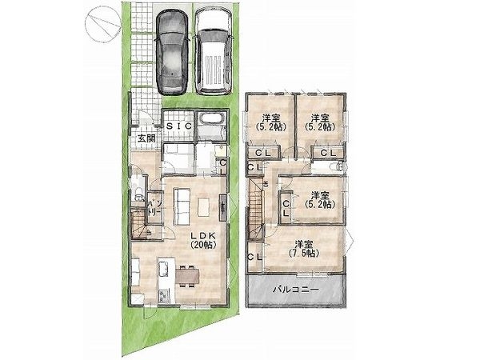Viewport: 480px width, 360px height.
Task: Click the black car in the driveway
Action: pos(172,52)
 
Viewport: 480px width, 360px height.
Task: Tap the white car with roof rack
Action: pos(214,51)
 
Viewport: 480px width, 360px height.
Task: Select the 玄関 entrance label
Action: pos(146,138)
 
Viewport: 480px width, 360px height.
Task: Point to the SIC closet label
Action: pos(179,126)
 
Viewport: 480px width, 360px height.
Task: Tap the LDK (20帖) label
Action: pos(203,240)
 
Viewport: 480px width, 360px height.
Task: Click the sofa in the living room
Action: pos(182,206)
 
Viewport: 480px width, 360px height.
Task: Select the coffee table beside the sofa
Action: pos(203,207)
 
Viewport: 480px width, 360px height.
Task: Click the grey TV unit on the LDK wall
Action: pos(223,207)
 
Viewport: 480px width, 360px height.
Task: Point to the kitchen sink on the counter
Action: pos(163,270)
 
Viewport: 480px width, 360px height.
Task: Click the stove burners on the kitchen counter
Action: pos(162,297)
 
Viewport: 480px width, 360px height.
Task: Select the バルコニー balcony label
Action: pos(296,289)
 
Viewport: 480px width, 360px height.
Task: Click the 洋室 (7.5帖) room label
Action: pos(304,249)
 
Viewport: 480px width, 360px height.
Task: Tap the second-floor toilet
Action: pos(338,167)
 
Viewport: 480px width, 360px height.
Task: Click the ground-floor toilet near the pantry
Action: pos(139,193)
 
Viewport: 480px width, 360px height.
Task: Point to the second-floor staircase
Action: pos(256,210)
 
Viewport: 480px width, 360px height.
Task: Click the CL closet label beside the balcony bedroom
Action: pos(254,257)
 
